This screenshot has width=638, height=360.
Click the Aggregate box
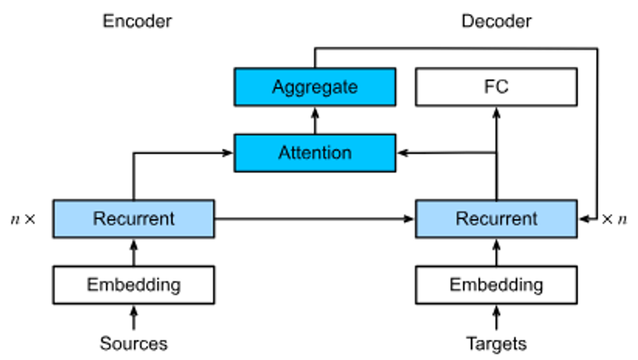click(x=315, y=86)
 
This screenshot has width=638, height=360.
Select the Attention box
click(x=315, y=152)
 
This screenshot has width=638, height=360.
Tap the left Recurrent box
click(x=134, y=218)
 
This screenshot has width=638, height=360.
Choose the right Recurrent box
click(x=496, y=218)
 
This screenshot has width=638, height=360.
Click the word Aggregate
click(x=315, y=87)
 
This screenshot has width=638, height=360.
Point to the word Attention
click(x=315, y=152)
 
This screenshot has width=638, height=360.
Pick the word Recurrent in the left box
click(x=134, y=218)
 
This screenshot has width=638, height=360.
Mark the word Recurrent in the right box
click(x=496, y=218)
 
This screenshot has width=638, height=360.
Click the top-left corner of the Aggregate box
click(x=237, y=70)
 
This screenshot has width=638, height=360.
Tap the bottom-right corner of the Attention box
click(x=394, y=170)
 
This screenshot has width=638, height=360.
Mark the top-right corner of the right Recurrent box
click(x=575, y=202)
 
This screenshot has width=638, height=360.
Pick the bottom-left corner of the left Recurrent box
click(x=55, y=236)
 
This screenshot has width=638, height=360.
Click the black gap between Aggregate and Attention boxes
click(x=315, y=120)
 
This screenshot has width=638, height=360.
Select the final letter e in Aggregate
click(x=353, y=87)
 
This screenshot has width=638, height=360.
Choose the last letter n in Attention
click(x=347, y=153)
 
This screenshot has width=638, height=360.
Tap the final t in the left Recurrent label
click(x=171, y=218)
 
